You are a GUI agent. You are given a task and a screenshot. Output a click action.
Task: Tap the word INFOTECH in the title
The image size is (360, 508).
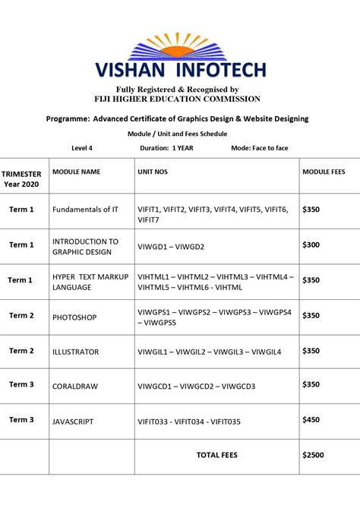(221, 71)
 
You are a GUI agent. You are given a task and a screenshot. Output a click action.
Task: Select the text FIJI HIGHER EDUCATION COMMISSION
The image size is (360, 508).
(177, 99)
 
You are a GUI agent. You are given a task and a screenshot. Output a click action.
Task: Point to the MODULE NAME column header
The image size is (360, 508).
(76, 172)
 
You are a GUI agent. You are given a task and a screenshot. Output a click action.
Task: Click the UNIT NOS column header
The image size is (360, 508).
(153, 172)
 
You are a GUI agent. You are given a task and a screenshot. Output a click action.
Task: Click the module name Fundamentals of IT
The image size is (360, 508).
(85, 209)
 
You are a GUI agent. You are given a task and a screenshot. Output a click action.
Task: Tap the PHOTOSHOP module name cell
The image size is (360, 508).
(74, 317)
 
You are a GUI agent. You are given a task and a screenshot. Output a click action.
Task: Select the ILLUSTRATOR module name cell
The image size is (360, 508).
(76, 352)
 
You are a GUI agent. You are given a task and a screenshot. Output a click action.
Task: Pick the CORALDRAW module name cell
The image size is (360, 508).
(75, 387)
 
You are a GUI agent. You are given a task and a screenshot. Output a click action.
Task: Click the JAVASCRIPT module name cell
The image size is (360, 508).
(74, 421)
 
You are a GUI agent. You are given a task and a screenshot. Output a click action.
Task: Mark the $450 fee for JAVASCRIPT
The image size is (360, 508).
(312, 419)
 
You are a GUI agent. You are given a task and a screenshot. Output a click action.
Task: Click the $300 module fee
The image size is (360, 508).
(312, 245)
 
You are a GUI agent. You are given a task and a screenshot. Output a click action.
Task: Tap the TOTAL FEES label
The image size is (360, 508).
(217, 455)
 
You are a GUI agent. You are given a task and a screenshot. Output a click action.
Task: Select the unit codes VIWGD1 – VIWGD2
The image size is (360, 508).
(171, 247)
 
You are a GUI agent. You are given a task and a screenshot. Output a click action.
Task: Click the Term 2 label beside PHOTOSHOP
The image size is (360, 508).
(21, 316)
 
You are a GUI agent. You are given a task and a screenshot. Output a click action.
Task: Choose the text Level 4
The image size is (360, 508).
(82, 148)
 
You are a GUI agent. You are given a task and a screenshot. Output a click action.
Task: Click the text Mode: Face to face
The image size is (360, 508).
(260, 148)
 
